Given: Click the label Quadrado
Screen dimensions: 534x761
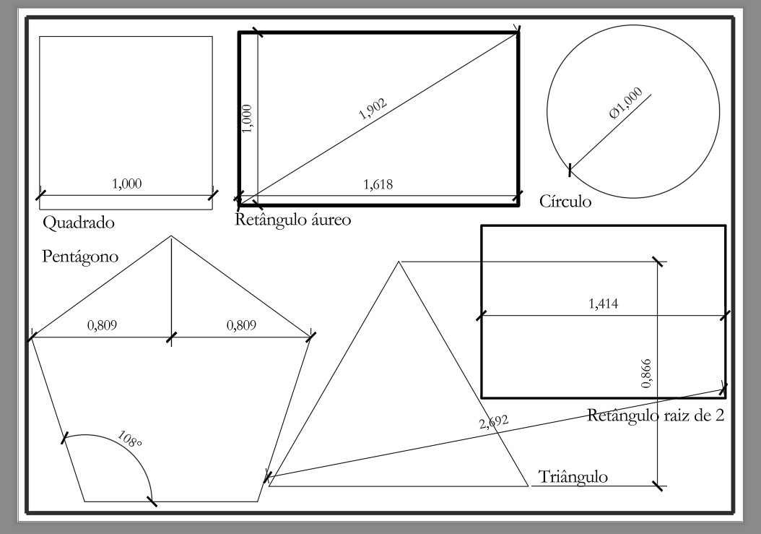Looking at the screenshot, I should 79,222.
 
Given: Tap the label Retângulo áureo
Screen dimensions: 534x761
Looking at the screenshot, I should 293,219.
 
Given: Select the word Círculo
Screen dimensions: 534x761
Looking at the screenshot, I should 565,201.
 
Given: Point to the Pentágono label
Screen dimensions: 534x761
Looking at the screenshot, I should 80,257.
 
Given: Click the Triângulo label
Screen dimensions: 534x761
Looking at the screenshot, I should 574,477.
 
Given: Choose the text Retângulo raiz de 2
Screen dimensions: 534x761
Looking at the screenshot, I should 656,415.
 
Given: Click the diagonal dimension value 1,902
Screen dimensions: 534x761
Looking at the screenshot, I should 373,108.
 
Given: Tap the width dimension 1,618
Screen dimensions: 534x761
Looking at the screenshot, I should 378,184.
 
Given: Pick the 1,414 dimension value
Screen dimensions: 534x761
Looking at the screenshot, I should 603,304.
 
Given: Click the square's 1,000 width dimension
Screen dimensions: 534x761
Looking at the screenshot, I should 126,184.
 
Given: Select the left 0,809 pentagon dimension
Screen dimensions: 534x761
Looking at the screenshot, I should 103,326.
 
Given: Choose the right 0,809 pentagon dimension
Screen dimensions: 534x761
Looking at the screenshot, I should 241,326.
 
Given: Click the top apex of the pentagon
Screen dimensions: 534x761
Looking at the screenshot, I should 171,236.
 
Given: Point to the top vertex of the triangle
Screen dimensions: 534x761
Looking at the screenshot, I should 398,262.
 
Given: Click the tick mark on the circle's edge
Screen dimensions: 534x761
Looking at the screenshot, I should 570,171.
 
